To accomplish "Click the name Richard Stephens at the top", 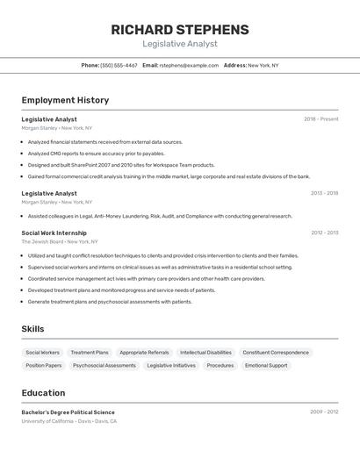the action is [180, 30].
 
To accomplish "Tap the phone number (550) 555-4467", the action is [119, 65].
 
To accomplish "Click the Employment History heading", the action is [65, 100].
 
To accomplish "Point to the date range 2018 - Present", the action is [321, 118].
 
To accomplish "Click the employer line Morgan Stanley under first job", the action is [56, 128].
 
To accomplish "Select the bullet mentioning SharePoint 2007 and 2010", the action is [121, 164].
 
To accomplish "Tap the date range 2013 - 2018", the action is [324, 193].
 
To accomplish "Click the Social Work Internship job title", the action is [54, 232].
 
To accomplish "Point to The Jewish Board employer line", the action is [60, 241].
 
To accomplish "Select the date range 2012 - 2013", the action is [324, 232].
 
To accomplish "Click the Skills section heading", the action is [33, 329].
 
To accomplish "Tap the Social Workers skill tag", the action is [43, 353].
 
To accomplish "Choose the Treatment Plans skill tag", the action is [90, 353].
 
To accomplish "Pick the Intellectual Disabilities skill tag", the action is [205, 353].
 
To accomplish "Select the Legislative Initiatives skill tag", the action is [171, 365].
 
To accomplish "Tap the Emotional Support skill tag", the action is [266, 365].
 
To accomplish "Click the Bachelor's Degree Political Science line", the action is [68, 411].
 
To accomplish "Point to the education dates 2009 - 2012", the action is [324, 411].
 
